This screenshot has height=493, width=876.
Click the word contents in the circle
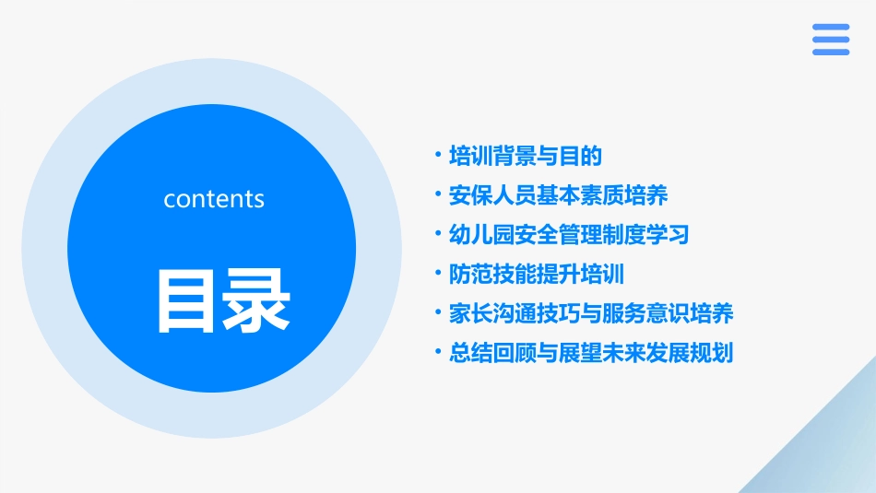click(x=214, y=199)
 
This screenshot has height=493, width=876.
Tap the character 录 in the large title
click(x=254, y=300)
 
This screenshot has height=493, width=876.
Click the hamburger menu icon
click(x=831, y=40)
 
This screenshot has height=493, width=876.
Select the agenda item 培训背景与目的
click(x=525, y=156)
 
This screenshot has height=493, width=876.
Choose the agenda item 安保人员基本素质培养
click(x=558, y=195)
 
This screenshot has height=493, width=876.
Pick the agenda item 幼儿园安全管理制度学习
click(x=569, y=234)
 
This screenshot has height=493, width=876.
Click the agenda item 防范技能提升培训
click(x=537, y=274)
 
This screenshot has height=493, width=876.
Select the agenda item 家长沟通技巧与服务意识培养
click(x=591, y=313)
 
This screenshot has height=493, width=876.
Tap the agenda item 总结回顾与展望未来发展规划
click(x=591, y=353)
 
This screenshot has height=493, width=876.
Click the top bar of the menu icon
click(x=831, y=27)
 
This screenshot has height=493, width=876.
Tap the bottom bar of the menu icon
click(x=831, y=53)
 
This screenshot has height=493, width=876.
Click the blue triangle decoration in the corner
click(x=830, y=452)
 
